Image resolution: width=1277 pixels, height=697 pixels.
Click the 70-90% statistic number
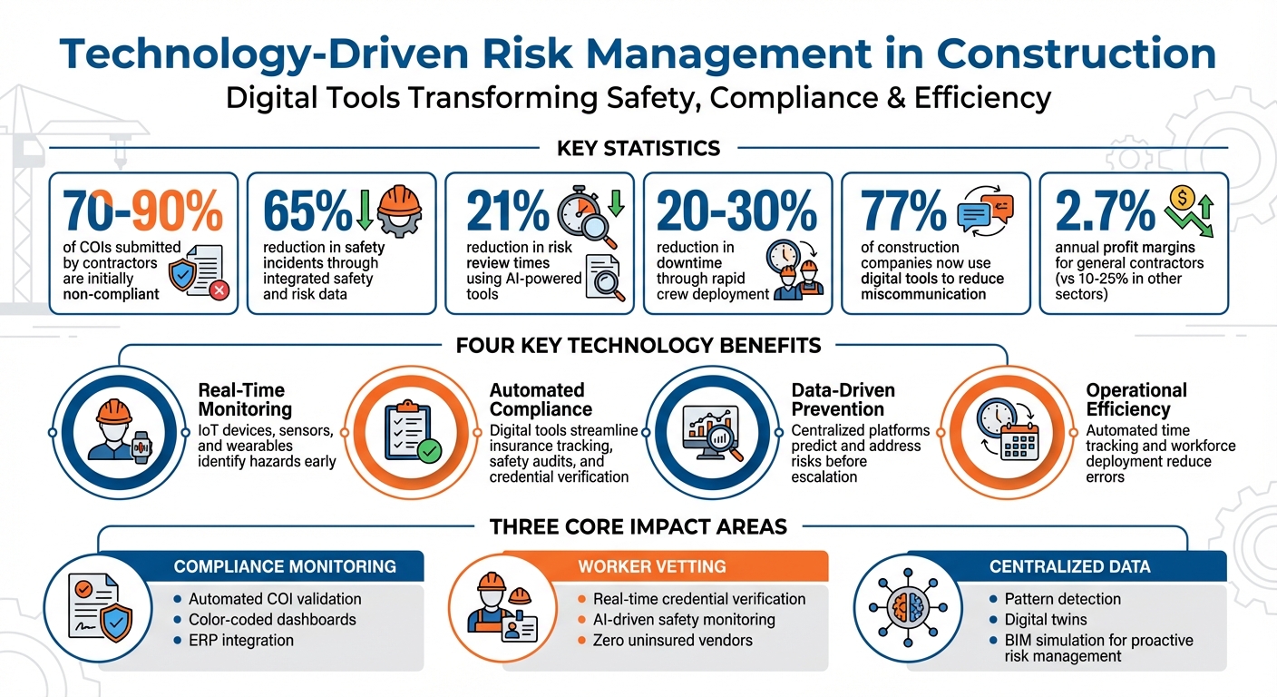143,211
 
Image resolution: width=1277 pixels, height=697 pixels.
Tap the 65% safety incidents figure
307,211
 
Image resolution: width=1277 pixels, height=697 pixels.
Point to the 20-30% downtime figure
736,211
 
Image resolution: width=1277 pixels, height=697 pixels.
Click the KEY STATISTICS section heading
638,148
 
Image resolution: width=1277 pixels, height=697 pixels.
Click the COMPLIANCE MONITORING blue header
285,566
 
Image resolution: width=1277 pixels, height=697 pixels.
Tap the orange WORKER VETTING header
651,566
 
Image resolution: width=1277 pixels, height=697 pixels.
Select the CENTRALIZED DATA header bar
1069,566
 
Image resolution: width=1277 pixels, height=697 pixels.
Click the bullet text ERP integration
240,640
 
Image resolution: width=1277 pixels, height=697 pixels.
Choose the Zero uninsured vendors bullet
672,640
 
